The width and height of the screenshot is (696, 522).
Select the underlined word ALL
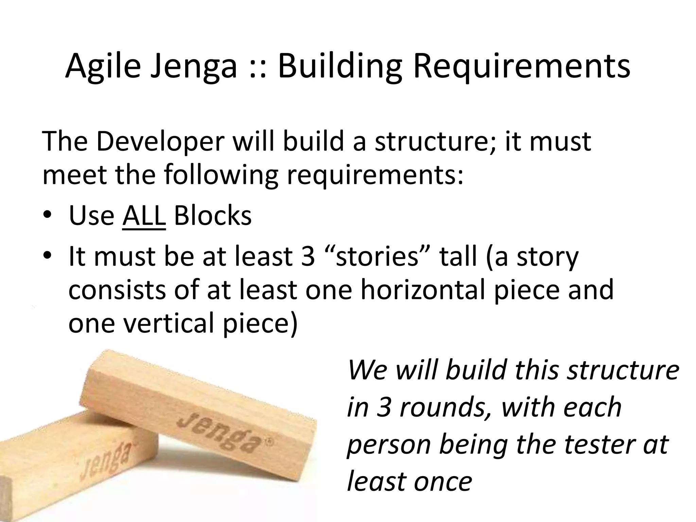click(144, 215)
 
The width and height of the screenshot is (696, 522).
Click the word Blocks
click(213, 215)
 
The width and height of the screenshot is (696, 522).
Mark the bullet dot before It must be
click(47, 256)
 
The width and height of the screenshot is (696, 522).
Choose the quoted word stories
click(378, 256)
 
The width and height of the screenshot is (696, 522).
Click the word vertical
click(170, 323)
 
